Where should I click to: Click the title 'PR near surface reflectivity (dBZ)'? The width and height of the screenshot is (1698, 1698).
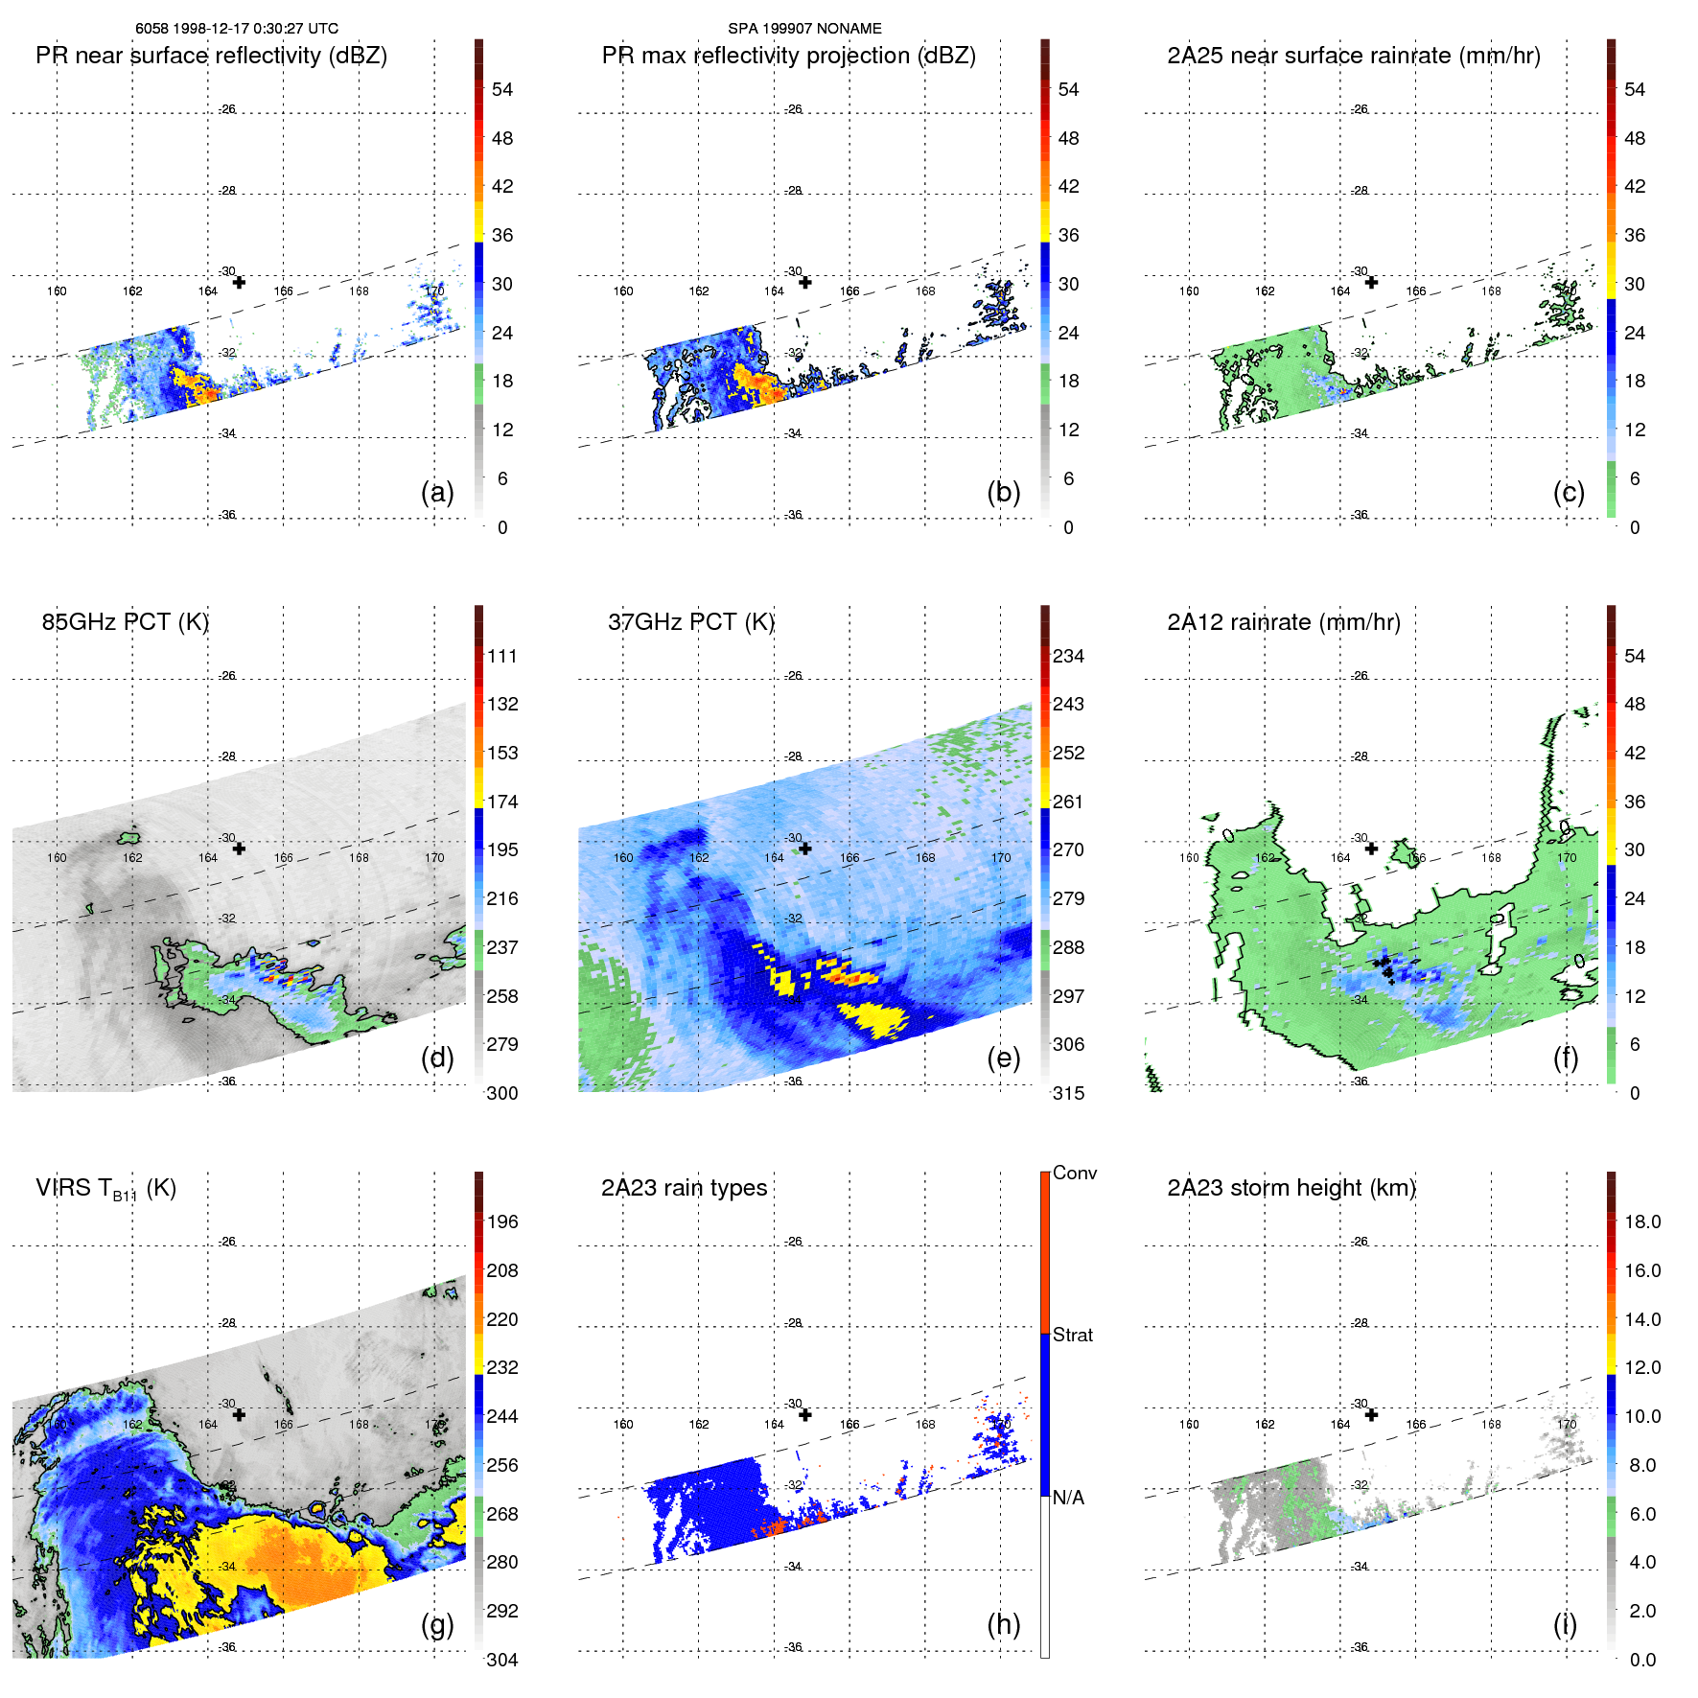click(x=211, y=56)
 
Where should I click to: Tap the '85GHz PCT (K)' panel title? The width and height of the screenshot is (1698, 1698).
click(x=125, y=622)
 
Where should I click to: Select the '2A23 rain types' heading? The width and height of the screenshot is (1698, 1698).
click(x=684, y=1188)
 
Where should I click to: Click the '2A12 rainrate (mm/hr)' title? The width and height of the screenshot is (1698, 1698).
click(x=1283, y=622)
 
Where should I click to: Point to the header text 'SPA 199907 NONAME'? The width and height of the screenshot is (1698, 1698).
click(x=804, y=29)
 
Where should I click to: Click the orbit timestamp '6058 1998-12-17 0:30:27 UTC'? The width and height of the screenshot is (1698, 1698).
click(x=236, y=29)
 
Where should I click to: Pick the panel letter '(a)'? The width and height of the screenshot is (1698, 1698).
click(x=437, y=492)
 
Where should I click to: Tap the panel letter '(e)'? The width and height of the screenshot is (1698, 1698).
click(x=1003, y=1058)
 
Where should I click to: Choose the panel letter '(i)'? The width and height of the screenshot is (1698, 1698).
click(x=1565, y=1624)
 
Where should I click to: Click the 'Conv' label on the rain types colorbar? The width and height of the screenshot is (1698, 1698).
click(x=1074, y=1174)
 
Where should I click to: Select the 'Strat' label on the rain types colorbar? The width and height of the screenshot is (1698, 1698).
click(x=1072, y=1336)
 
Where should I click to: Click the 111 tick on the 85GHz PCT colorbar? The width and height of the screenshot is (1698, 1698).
click(x=501, y=657)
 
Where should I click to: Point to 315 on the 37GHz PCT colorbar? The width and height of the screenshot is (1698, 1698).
click(x=1068, y=1093)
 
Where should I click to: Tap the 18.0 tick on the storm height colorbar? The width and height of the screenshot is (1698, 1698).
click(x=1641, y=1222)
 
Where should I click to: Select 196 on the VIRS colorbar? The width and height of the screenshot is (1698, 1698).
click(x=501, y=1222)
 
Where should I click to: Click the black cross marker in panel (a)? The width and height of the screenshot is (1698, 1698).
click(x=239, y=282)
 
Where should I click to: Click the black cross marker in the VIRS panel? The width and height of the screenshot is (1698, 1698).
click(x=239, y=1414)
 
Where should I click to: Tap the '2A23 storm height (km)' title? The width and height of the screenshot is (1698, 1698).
click(x=1291, y=1188)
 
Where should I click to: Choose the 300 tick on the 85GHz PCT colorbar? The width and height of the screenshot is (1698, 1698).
click(x=501, y=1093)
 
